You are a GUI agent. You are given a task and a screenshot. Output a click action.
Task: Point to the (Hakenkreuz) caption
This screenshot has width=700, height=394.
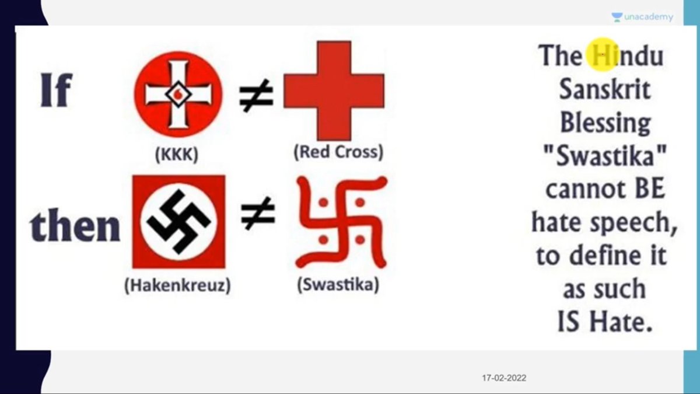click(x=177, y=286)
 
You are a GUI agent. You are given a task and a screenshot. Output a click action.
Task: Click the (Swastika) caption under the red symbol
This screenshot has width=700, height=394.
click(x=338, y=285)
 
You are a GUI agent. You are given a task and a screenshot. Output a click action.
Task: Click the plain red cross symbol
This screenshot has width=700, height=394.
click(x=334, y=90)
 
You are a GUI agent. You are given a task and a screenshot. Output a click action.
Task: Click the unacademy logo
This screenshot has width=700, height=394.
click(x=642, y=18)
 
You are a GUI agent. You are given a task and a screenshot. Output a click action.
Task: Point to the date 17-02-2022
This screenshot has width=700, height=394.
click(x=504, y=378)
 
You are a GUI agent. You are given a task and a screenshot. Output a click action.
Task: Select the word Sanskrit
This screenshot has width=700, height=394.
click(x=604, y=90)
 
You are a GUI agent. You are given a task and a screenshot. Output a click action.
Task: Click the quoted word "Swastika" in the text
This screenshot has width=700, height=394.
click(x=604, y=156)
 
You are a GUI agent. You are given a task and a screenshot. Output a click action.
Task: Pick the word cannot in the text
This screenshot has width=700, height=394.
click(x=581, y=190)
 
